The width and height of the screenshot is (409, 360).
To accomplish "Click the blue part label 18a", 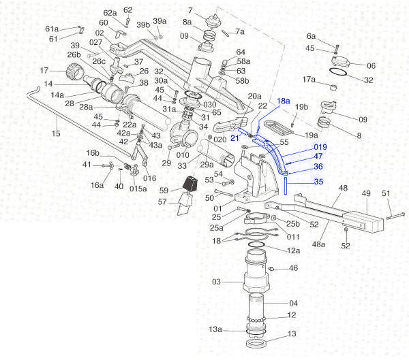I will (x=283, y=101).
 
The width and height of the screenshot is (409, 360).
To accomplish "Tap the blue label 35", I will (x=318, y=182).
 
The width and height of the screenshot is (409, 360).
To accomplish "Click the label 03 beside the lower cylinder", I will (x=216, y=282).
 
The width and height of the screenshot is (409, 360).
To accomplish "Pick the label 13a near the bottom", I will (x=215, y=329).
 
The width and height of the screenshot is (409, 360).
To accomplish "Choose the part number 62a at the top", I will (x=110, y=13).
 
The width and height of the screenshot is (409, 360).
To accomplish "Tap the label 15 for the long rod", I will (x=56, y=134).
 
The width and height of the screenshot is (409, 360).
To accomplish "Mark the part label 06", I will (x=371, y=66).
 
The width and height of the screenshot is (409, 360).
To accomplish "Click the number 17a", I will (x=309, y=80).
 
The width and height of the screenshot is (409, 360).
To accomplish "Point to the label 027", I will (x=95, y=42).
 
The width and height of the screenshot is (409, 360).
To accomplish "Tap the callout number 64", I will (x=241, y=52).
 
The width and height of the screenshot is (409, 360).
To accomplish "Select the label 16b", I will (x=93, y=152).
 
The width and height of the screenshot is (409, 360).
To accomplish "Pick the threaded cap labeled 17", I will (x=71, y=71).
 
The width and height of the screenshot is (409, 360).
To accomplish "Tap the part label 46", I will (x=294, y=269).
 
